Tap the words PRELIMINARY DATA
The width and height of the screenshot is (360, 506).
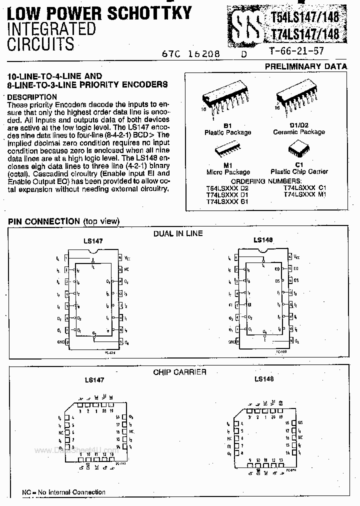[x=305, y=66]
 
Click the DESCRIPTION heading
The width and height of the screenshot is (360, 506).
[x=32, y=97]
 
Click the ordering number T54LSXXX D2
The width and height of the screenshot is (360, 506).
[x=227, y=187]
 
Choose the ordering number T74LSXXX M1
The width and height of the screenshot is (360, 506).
[x=304, y=194]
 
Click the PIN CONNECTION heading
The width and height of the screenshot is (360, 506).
[x=44, y=221]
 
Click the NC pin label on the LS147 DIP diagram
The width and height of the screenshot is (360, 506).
[x=127, y=268]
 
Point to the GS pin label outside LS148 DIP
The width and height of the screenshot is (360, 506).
[x=296, y=280]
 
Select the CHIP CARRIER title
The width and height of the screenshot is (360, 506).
[x=180, y=372]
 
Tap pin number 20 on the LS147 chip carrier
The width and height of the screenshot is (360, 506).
[x=104, y=411]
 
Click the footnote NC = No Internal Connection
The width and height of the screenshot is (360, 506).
[x=63, y=492]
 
